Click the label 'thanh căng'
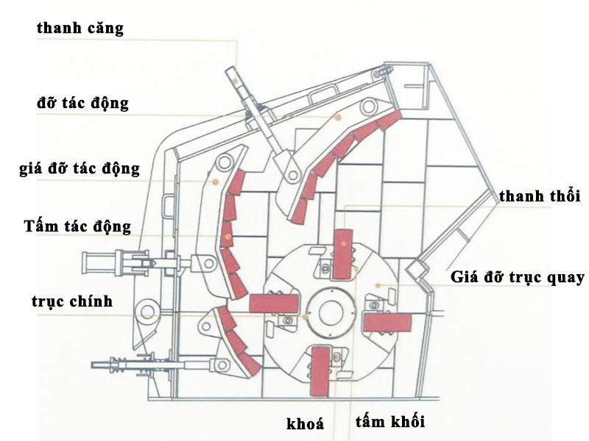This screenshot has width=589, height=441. (x=80, y=29)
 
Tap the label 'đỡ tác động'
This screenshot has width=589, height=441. (x=82, y=103)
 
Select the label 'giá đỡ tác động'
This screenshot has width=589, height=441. (x=80, y=169)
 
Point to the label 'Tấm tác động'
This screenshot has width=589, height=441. (x=77, y=226)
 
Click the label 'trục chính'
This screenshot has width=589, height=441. (x=72, y=301)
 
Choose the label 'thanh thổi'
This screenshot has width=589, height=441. (x=540, y=197)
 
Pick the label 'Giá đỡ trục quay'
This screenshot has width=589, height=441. (x=518, y=278)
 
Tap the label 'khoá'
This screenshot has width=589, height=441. (x=305, y=424)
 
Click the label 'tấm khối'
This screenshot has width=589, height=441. (x=389, y=422)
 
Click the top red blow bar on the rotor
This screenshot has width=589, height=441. (x=343, y=253)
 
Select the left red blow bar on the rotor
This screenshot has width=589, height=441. (x=274, y=302)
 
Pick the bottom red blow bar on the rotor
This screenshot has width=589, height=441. (x=320, y=370)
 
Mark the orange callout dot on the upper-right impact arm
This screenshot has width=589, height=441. (x=338, y=118)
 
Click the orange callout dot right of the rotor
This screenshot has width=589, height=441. (x=376, y=285)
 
